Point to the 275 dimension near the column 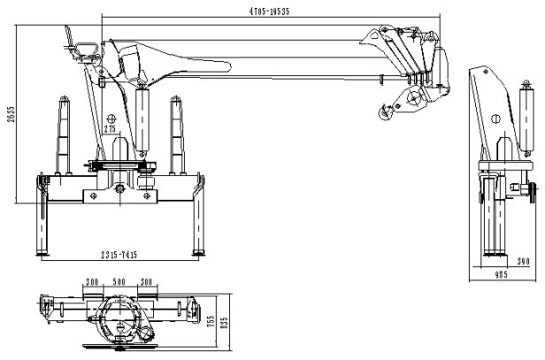110,130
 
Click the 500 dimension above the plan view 118,282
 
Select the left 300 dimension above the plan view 91,282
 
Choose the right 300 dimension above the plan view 146,282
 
